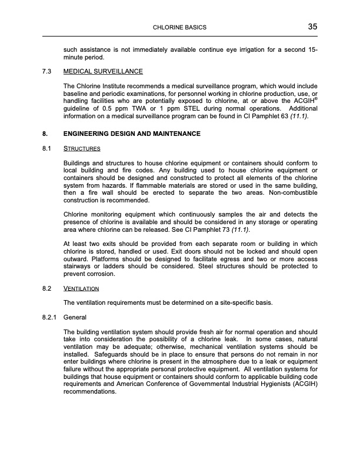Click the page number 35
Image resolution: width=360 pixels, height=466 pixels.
312,26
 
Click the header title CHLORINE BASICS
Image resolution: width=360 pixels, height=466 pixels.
179,28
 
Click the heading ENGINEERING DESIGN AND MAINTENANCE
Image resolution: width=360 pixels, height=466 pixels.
132,134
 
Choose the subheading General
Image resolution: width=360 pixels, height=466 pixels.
75,318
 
